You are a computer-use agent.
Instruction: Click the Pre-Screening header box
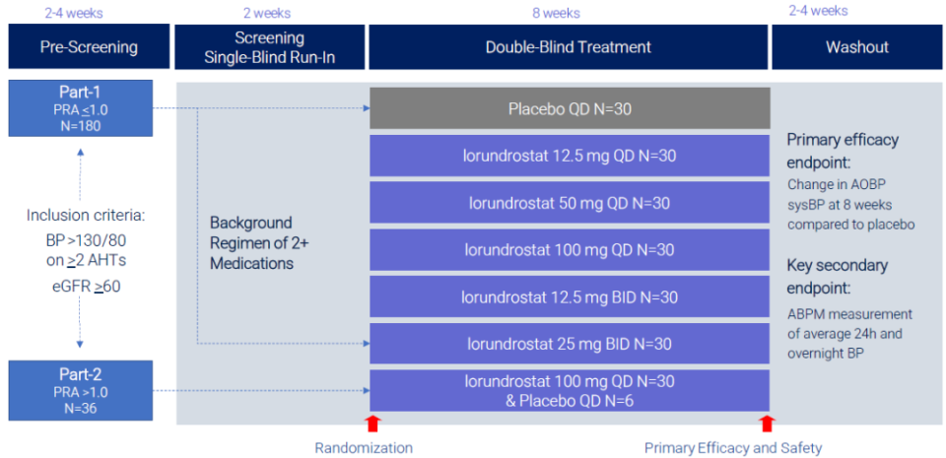89,46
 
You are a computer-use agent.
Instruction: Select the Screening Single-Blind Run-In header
270,46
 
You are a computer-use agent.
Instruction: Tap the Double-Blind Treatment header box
569,46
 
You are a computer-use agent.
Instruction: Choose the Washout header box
856,46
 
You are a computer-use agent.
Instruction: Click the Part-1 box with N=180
80,108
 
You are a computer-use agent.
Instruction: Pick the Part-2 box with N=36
80,390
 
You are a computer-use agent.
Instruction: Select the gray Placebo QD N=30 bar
570,108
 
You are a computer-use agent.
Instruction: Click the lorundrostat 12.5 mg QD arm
570,156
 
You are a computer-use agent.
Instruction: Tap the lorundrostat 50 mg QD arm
570,203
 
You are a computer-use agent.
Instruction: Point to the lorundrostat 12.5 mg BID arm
570,296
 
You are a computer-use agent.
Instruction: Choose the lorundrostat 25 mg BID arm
570,344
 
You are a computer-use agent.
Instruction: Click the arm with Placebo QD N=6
570,390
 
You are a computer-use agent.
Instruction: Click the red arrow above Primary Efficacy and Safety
767,424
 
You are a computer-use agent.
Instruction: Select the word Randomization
364,448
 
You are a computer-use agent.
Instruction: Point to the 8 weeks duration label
556,13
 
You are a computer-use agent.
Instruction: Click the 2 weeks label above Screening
267,13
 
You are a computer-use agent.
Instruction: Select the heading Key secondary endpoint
837,277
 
